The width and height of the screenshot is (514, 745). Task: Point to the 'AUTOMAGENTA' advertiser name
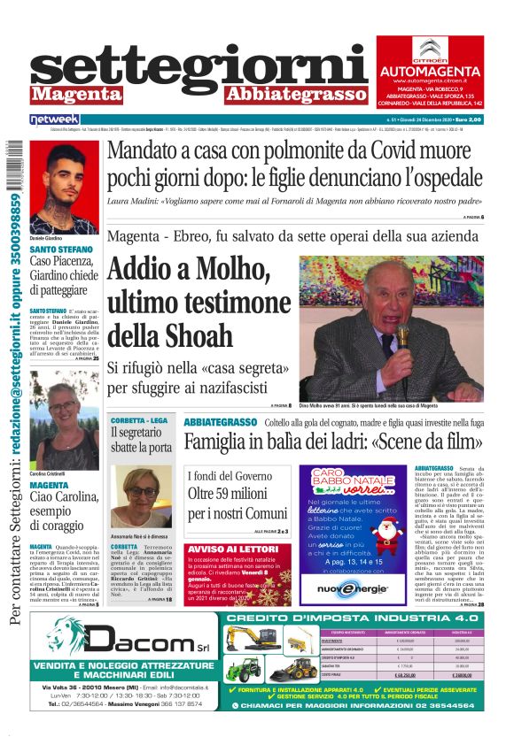coord(429,69)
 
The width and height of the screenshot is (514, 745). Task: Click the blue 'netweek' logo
coord(55,119)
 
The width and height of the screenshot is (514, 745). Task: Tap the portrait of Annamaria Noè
coord(141,495)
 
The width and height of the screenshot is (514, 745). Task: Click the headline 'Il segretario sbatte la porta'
coord(141,440)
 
